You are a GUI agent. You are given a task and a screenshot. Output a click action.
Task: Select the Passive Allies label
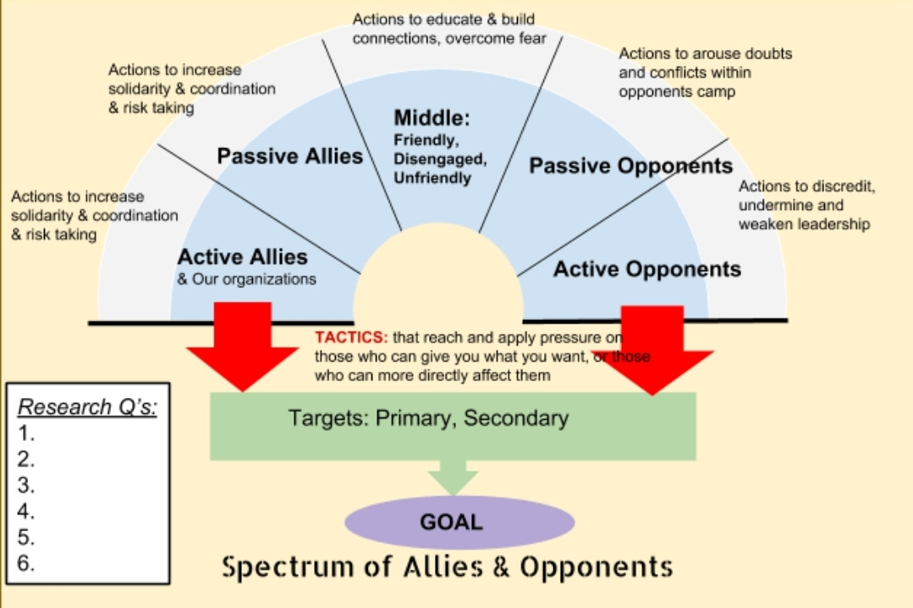pyautogui.click(x=289, y=156)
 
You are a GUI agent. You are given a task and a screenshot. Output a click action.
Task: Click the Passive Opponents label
pyautogui.click(x=630, y=165)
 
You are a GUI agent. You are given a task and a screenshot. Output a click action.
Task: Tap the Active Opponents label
pyautogui.click(x=647, y=269)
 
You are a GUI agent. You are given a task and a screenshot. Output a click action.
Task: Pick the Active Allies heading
pyautogui.click(x=242, y=257)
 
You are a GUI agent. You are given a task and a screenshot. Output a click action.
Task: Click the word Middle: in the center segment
pyautogui.click(x=432, y=119)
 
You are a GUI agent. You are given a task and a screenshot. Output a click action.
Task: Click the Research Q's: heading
pyautogui.click(x=88, y=406)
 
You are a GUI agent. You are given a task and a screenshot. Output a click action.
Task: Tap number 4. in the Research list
pyautogui.click(x=26, y=511)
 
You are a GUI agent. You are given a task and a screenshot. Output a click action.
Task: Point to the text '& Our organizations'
pyautogui.click(x=246, y=279)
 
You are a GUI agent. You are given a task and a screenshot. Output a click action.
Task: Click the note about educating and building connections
pyautogui.click(x=449, y=28)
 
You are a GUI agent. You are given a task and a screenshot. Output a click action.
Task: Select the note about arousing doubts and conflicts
pyautogui.click(x=705, y=72)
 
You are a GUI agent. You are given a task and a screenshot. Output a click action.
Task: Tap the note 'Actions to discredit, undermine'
pyautogui.click(x=806, y=205)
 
